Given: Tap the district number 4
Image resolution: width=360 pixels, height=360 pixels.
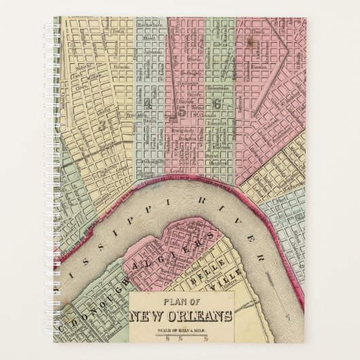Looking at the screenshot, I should click(147, 104).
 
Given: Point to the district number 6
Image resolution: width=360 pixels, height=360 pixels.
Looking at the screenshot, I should click(217, 104).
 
